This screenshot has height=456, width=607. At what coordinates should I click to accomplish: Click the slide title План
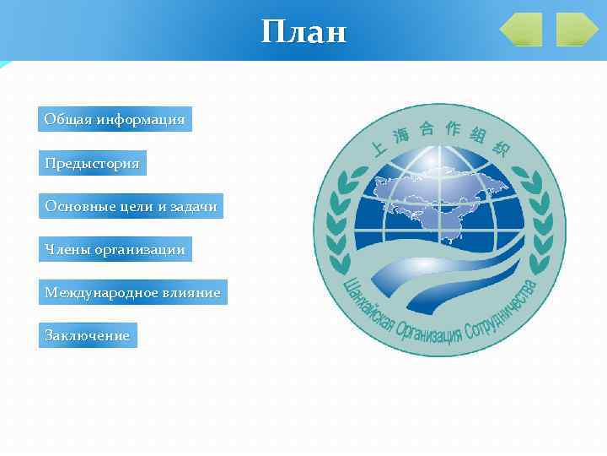pyautogui.click(x=303, y=32)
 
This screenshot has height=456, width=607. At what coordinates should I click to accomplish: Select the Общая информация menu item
pyautogui.click(x=115, y=119)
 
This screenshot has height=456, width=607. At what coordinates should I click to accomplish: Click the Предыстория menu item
pyautogui.click(x=93, y=163)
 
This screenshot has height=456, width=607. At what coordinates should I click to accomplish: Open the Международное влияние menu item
pyautogui.click(x=132, y=293)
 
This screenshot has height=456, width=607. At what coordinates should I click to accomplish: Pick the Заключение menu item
pyautogui.click(x=88, y=336)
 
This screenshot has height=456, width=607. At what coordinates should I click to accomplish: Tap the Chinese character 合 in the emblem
pyautogui.click(x=427, y=128)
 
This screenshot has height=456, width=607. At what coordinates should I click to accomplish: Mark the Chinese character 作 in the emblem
pyautogui.click(x=454, y=128)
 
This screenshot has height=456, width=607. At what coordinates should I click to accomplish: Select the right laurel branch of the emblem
pyautogui.click(x=534, y=220)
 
